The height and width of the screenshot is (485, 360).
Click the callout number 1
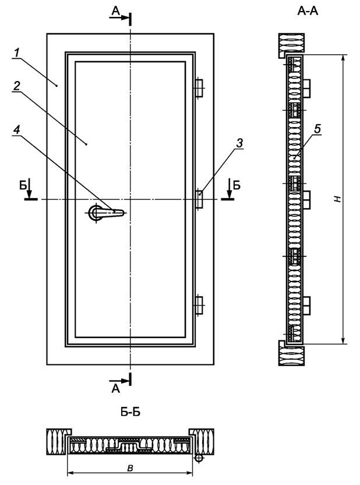(17, 53)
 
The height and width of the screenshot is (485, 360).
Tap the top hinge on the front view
(199, 87)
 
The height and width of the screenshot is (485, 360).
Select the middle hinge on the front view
(199, 199)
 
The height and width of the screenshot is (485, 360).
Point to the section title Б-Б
(129, 413)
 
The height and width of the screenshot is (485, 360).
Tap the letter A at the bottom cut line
(115, 386)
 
